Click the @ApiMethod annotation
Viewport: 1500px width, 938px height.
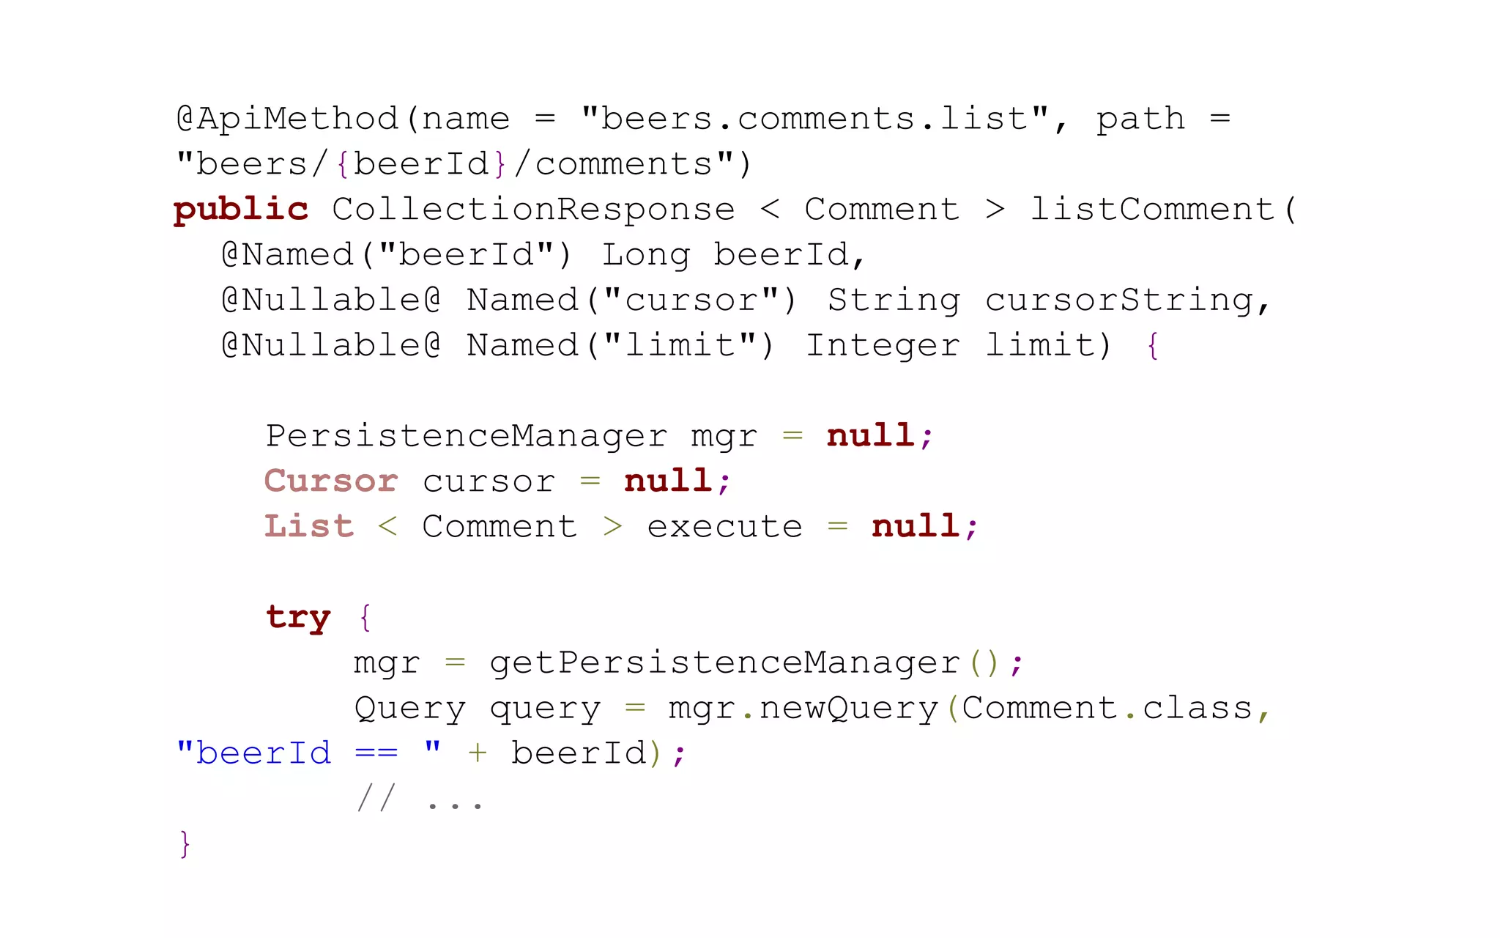287,119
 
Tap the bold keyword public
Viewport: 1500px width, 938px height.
241,210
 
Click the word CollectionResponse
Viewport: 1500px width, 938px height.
533,210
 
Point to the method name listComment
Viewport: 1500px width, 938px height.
1153,210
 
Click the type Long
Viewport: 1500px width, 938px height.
646,255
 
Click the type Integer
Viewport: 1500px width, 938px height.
883,346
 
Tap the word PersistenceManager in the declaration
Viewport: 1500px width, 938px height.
467,436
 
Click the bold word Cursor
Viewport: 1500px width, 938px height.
331,481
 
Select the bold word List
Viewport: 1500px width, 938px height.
309,527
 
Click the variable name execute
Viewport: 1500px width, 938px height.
724,527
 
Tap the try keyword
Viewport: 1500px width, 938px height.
298,618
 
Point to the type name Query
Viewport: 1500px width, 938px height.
409,709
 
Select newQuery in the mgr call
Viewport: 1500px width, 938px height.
848,709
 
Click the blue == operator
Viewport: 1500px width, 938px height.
376,753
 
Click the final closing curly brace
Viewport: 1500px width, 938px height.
185,844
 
